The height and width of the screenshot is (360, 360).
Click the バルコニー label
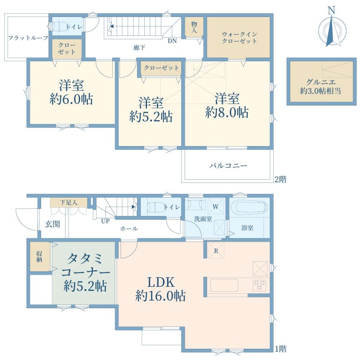point(228,166)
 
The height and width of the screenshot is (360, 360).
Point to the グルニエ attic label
point(320,87)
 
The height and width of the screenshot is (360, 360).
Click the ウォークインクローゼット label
point(239,37)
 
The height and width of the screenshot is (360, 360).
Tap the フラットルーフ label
point(28,37)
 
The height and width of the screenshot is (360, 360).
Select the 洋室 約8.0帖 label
point(227,106)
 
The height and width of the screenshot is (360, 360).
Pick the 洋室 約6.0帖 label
point(71,92)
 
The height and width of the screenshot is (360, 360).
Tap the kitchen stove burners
point(259,285)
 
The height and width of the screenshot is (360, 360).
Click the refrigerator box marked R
point(216,251)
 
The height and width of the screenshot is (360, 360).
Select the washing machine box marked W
point(216,206)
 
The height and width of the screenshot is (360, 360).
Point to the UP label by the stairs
point(105,221)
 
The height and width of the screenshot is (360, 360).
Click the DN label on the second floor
point(172,41)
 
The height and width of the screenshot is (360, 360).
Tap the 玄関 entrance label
point(52,224)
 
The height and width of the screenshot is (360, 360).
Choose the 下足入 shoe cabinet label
point(69,202)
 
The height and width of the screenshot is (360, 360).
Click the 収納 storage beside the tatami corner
point(40,257)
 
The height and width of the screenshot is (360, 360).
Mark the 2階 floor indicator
point(280,179)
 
